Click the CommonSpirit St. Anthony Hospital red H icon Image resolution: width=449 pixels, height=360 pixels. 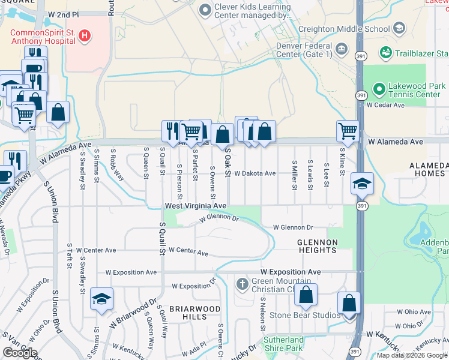[x=85, y=36]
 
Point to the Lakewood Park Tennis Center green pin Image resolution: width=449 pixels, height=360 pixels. [x=379, y=90]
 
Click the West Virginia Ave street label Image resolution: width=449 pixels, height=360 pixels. [x=196, y=206]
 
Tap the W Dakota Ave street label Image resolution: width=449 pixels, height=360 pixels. [x=255, y=173]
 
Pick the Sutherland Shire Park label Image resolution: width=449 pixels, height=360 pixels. [x=283, y=344]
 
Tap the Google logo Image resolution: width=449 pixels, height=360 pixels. [x=20, y=353]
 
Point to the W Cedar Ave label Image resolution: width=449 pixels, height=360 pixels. [x=385, y=104]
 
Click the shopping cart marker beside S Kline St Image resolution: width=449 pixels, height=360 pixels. [x=348, y=130]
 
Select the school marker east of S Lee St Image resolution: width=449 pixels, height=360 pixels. [x=362, y=183]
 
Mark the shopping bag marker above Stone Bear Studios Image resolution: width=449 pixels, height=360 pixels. [x=306, y=295]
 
